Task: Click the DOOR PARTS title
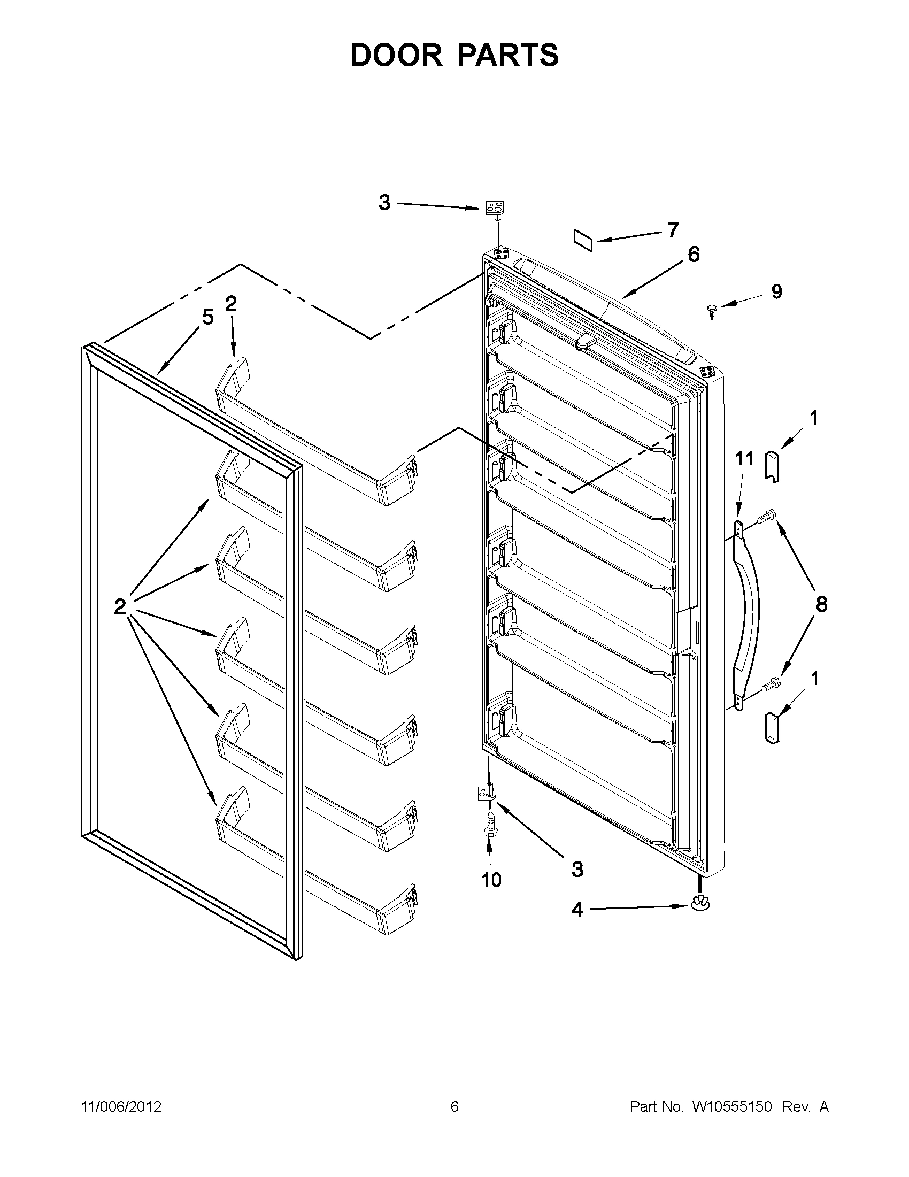(x=454, y=55)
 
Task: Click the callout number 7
(x=673, y=230)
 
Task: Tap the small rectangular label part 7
(x=583, y=239)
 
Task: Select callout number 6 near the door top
(x=694, y=255)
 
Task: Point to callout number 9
(x=776, y=291)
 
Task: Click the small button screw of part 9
(x=713, y=310)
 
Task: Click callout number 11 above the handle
(x=745, y=459)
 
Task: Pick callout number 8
(x=821, y=604)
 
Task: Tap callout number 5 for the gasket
(x=207, y=318)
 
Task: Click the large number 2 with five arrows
(x=120, y=606)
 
